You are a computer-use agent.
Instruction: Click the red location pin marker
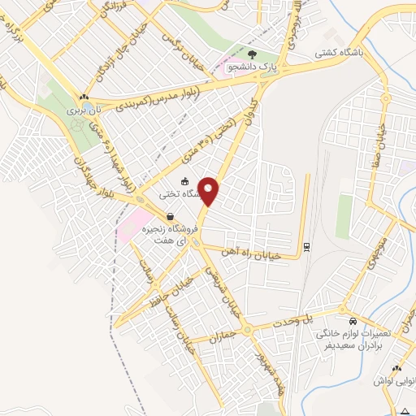tap(210, 191)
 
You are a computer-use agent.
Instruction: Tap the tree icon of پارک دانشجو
tap(252, 55)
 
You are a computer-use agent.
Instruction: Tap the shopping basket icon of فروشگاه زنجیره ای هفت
tap(171, 216)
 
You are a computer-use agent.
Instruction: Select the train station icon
tap(305, 246)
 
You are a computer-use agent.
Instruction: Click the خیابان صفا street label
tap(381, 150)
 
